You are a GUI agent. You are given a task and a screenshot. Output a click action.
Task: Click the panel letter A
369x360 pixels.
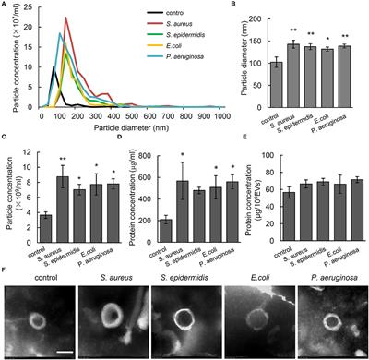[5, 6]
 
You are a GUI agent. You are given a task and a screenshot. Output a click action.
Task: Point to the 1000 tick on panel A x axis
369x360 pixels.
[222, 116]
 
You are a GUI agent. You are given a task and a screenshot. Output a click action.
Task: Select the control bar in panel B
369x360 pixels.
[276, 78]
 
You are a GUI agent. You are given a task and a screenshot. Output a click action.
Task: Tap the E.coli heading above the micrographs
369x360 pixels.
[257, 273]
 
